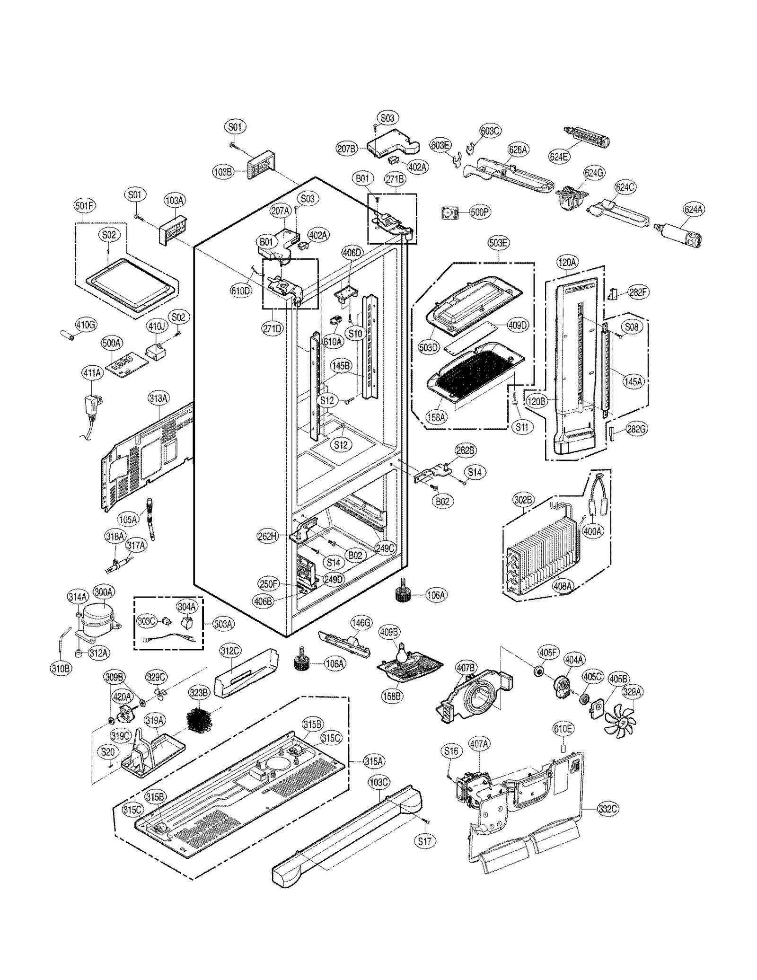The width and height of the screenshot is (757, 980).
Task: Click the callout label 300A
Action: [103, 592]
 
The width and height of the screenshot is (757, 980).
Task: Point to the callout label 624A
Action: [693, 209]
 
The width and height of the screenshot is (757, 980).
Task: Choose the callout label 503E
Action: [498, 243]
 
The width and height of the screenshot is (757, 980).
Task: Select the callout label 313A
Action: [158, 398]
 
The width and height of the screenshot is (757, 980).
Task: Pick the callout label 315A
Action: [373, 761]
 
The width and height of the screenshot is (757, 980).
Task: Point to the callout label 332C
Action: [607, 809]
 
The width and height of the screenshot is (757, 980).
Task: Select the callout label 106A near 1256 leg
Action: [435, 595]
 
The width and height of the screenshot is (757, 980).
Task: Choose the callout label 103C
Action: [378, 782]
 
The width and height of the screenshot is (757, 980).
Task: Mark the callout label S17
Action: [425, 841]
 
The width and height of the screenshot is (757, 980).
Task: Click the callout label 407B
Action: [466, 667]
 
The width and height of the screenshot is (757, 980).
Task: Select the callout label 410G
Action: [86, 324]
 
